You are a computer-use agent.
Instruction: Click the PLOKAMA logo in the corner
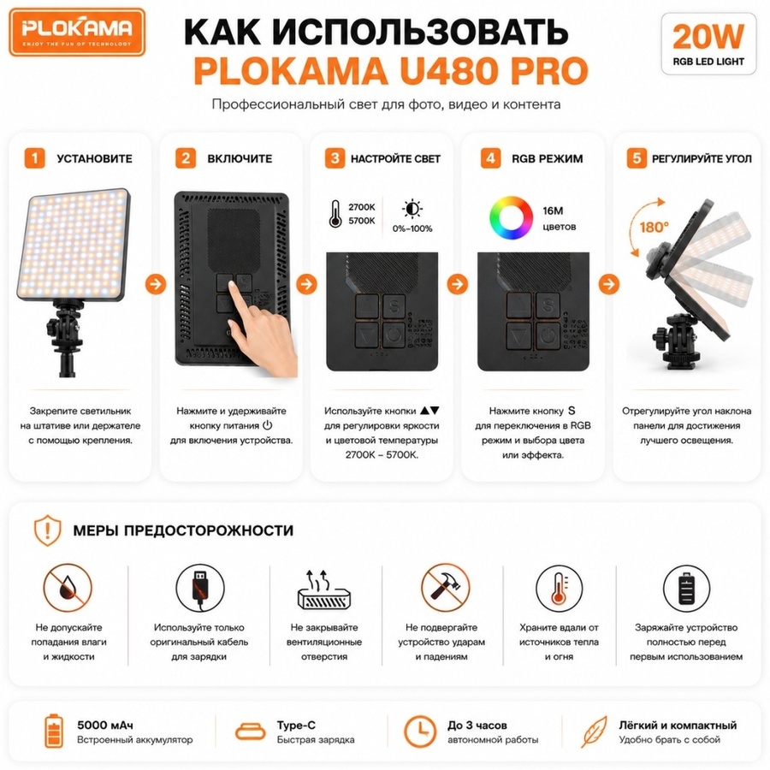pyautogui.click(x=77, y=32)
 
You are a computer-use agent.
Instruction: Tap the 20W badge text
pyautogui.click(x=708, y=37)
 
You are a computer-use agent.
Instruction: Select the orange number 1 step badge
pyautogui.click(x=34, y=158)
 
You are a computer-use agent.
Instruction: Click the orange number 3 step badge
pyautogui.click(x=335, y=158)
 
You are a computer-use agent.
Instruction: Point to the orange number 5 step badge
pyautogui.click(x=637, y=158)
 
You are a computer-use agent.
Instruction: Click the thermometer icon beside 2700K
pyautogui.click(x=335, y=214)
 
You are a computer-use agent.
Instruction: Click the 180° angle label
pyautogui.click(x=654, y=227)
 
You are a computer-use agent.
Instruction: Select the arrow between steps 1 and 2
pyautogui.click(x=156, y=284)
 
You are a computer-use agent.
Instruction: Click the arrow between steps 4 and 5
pyautogui.click(x=609, y=284)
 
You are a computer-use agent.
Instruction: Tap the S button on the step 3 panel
pyautogui.click(x=394, y=306)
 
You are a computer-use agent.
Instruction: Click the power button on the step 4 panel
pyautogui.click(x=548, y=336)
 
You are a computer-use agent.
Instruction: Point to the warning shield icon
pyautogui.click(x=48, y=530)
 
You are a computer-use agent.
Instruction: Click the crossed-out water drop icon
pyautogui.click(x=68, y=587)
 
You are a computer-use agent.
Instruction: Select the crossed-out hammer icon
pyautogui.click(x=445, y=587)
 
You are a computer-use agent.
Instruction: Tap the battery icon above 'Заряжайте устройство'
pyautogui.click(x=686, y=587)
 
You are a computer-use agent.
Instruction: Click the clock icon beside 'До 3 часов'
pyautogui.click(x=420, y=731)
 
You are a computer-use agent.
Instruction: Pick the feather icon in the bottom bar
pyautogui.click(x=595, y=731)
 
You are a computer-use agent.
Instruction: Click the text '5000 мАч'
pyautogui.click(x=105, y=725)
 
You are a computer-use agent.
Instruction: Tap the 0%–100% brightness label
pyautogui.click(x=412, y=228)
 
